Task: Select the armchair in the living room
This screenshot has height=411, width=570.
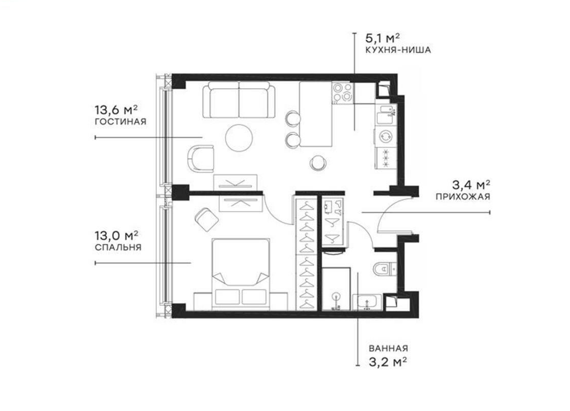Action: point(201,158)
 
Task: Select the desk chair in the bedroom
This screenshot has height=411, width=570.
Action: point(206,219)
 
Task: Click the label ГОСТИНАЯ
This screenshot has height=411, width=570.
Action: point(121,122)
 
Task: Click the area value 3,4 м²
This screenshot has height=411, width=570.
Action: point(471,184)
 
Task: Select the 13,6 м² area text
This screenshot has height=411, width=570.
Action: point(116,110)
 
